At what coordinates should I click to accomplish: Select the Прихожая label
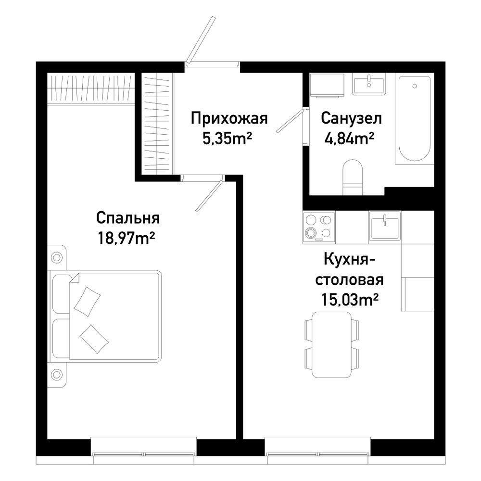[x=229, y=118]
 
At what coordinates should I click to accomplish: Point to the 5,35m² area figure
[x=227, y=139]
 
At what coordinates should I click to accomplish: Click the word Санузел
[x=352, y=118]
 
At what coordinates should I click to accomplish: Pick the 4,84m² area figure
[x=349, y=139]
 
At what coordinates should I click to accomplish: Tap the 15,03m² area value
[x=349, y=300]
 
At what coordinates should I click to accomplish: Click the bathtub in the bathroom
[x=415, y=119]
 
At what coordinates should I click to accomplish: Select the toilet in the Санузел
[x=353, y=177]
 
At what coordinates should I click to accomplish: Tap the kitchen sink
[x=385, y=228]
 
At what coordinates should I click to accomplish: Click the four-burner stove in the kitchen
[x=319, y=228]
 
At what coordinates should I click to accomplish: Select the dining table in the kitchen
[x=331, y=345]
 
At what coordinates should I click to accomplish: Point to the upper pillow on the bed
[x=87, y=301]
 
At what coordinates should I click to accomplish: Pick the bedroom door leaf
[x=209, y=196]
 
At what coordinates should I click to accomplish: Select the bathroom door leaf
[x=290, y=121]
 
